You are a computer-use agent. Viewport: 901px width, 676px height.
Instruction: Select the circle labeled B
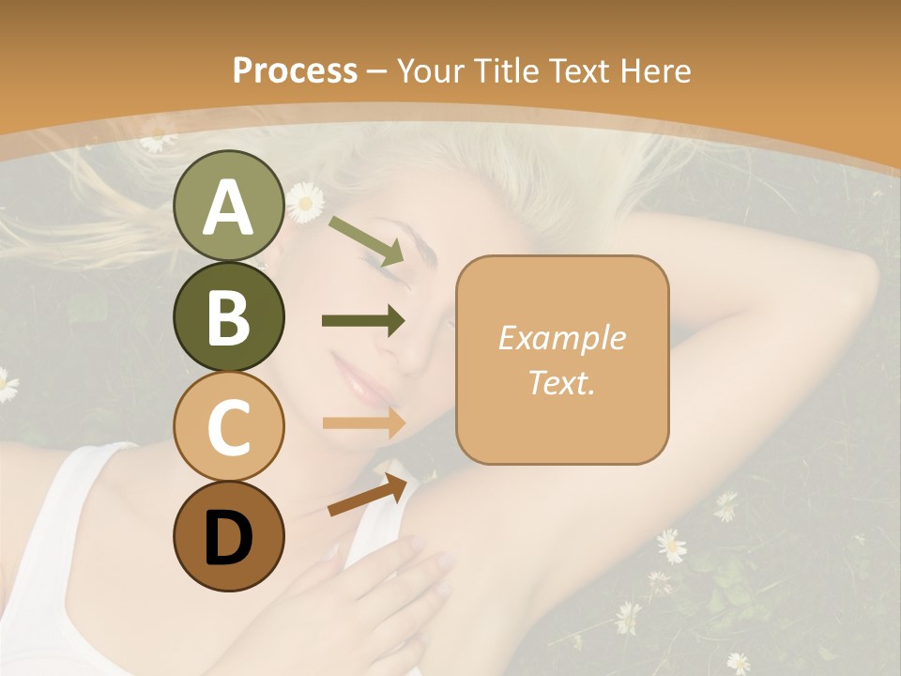[x=228, y=316]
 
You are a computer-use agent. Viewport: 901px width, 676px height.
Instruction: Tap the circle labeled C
[x=228, y=426]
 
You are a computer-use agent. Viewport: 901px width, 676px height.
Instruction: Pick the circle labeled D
[x=228, y=536]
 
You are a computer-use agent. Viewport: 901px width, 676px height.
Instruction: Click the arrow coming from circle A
[x=366, y=239]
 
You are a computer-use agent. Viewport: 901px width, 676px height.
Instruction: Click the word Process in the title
[x=295, y=70]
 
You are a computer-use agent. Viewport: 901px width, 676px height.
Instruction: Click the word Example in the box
[x=561, y=338]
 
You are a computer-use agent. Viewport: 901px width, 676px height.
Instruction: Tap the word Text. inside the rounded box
[x=561, y=382]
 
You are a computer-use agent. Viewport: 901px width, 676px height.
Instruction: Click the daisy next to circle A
[x=304, y=202]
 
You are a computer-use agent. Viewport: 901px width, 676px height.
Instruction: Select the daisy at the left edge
[x=6, y=384]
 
